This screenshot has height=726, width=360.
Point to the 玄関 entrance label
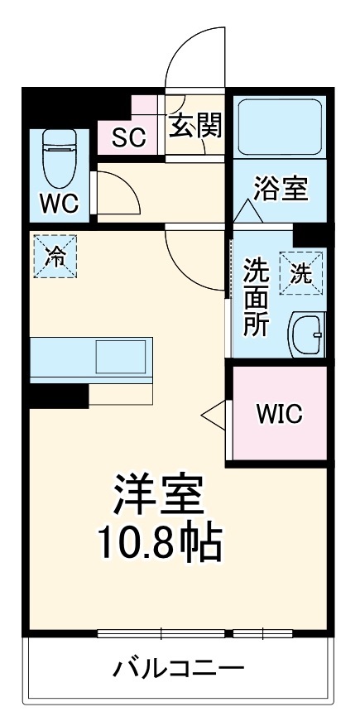click(195, 127)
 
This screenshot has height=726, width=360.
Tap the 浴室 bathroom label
click(281, 189)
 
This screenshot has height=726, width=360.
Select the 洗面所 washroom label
click(256, 297)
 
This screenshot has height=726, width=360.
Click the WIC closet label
click(279, 412)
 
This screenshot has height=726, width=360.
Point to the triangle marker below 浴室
click(247, 211)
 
